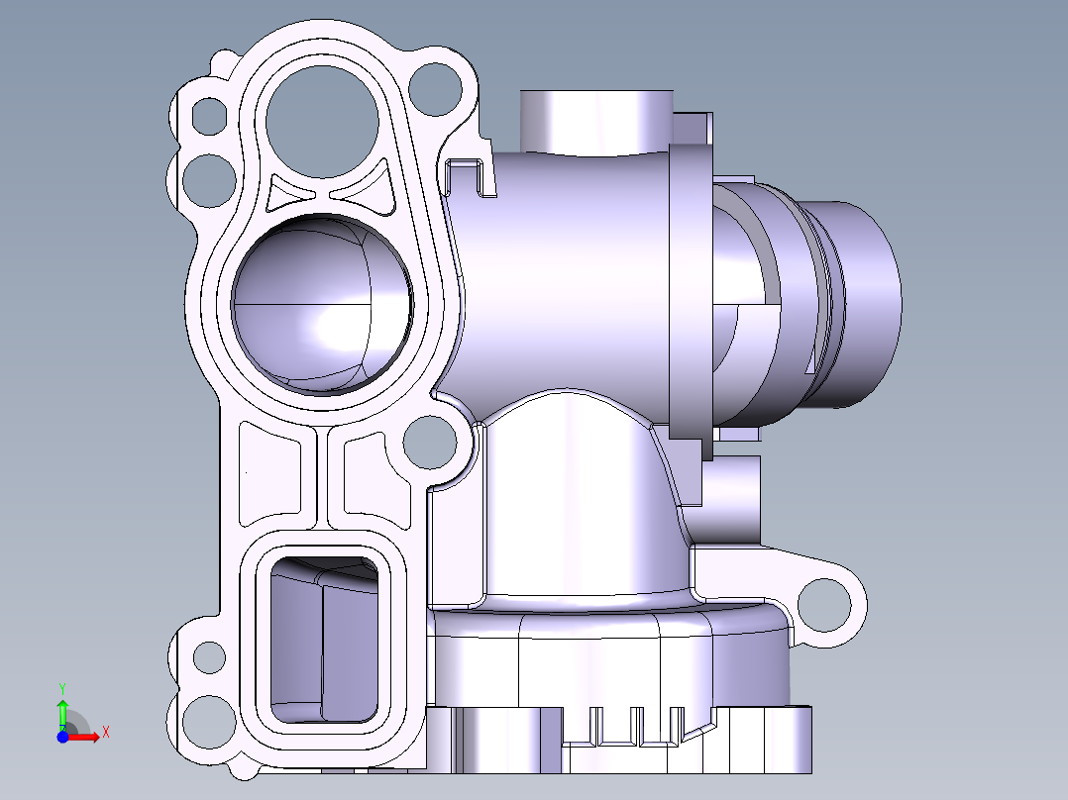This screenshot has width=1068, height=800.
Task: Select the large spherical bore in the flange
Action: [x=321, y=302]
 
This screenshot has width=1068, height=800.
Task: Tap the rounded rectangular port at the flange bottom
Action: [x=323, y=639]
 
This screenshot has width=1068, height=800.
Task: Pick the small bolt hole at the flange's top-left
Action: [x=209, y=115]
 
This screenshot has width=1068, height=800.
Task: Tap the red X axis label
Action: [x=105, y=732]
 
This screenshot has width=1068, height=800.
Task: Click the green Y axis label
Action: [x=61, y=686]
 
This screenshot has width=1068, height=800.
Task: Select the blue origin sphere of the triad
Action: [x=62, y=737]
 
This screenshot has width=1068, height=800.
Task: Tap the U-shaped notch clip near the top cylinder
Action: [x=471, y=176]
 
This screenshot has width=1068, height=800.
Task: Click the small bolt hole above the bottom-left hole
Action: [x=209, y=655]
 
